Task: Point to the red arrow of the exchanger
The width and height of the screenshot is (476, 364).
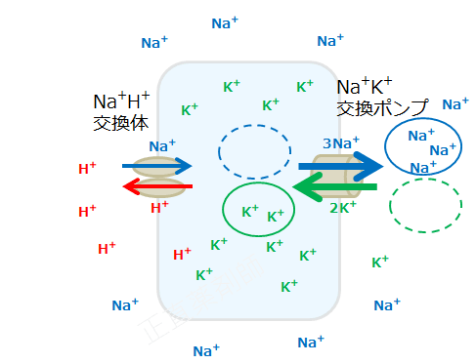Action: pos(156,186)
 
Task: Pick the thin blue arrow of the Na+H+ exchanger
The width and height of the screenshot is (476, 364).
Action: pos(156,166)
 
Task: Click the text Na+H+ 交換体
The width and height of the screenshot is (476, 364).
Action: pos(121,111)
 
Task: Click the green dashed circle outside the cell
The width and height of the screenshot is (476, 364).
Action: pos(425,205)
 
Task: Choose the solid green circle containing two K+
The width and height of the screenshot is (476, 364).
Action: pos(258,209)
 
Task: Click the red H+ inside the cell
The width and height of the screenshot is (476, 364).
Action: pos(182,255)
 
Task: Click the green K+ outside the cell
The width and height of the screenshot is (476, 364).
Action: pos(380,262)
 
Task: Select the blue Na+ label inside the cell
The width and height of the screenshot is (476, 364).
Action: pos(162,145)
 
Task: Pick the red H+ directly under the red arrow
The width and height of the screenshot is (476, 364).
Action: pos(159,207)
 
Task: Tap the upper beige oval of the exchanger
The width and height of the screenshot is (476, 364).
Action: pos(156,166)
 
